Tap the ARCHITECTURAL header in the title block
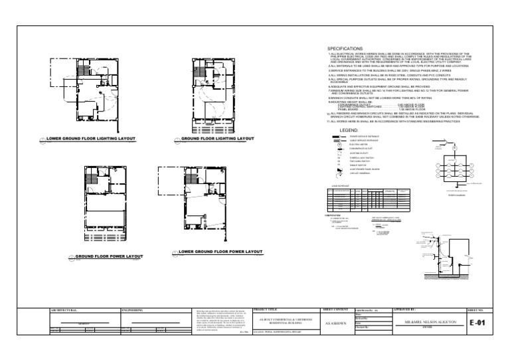pyautogui.click(x=64, y=310)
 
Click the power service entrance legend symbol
pyautogui.click(x=339, y=135)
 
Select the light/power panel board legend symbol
pyautogui.click(x=339, y=170)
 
